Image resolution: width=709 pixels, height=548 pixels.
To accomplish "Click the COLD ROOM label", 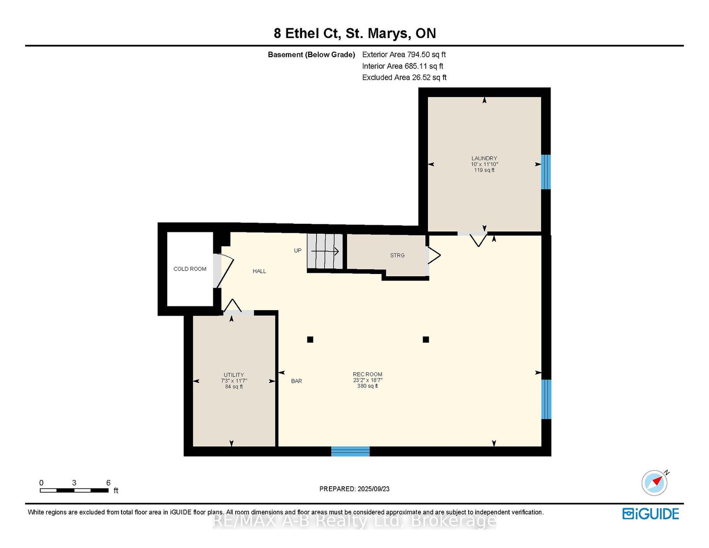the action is click(x=190, y=269).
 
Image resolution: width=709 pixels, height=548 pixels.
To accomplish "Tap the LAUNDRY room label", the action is click(x=484, y=158).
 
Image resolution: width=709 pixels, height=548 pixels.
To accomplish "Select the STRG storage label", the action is click(x=397, y=255).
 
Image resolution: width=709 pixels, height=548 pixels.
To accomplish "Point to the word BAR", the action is click(x=296, y=381).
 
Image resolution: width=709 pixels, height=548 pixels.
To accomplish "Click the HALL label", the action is click(x=259, y=271).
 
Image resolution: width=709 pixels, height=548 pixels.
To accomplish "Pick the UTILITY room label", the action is click(x=234, y=375).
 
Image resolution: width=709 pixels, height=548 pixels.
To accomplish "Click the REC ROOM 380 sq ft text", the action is click(x=368, y=386).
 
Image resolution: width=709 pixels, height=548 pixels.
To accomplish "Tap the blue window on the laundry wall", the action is click(x=546, y=172).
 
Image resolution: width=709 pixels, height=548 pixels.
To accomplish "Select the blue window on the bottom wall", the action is click(x=350, y=451).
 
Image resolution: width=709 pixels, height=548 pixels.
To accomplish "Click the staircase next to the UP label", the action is click(x=325, y=251).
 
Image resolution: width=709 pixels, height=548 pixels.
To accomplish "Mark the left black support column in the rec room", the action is click(x=310, y=340).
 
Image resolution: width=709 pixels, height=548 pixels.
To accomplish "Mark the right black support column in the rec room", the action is click(x=426, y=340).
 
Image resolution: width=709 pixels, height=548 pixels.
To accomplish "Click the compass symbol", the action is click(x=655, y=483).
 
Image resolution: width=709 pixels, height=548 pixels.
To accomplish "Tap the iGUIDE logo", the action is click(x=651, y=514).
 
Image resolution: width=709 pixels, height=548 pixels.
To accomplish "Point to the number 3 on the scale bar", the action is click(x=74, y=483).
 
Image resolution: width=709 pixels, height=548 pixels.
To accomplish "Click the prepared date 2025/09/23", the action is click(x=374, y=489).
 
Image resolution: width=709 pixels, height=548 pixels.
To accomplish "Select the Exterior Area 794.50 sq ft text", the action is click(x=404, y=54).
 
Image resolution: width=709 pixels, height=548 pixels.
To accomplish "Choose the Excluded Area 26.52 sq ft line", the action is click(x=404, y=77).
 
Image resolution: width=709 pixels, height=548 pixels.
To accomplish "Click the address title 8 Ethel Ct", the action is click(x=307, y=33).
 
